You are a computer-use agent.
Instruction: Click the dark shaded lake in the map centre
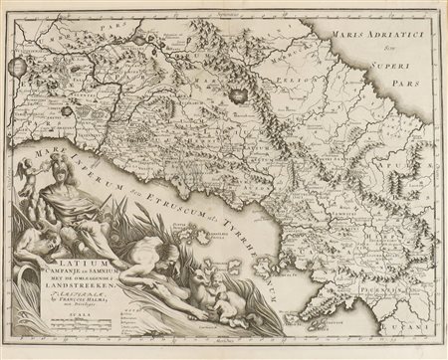237,96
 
